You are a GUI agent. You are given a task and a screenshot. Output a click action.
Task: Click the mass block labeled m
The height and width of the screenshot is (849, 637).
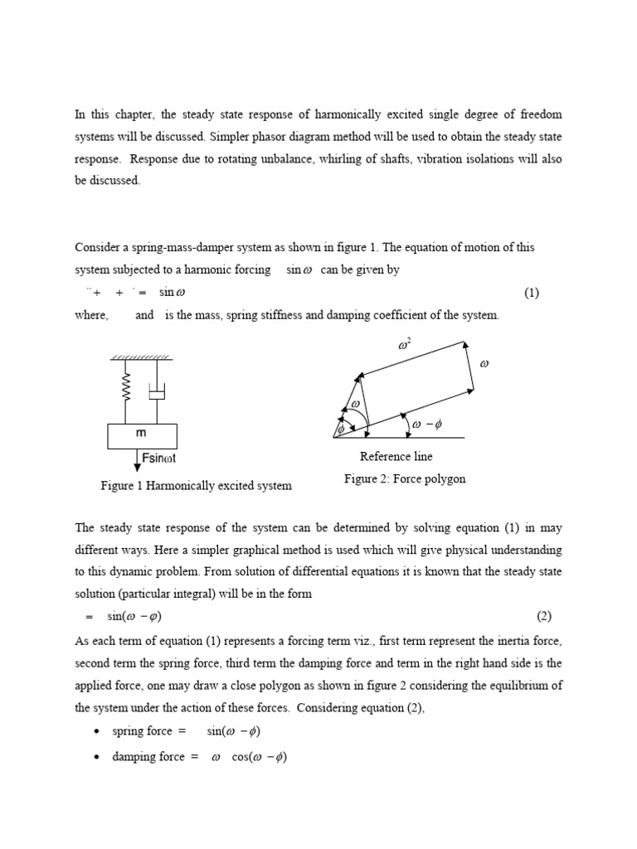(141, 434)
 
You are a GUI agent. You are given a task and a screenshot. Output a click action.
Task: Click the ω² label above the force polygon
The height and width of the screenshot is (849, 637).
(407, 342)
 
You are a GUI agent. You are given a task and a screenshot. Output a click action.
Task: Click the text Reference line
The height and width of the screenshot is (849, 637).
(396, 456)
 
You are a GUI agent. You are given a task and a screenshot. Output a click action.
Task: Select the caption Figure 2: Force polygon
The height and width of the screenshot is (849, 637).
(405, 478)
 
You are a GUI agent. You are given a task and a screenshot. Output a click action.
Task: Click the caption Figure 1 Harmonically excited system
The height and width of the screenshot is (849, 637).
(196, 485)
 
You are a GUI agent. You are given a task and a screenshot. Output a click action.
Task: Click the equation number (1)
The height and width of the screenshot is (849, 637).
(531, 293)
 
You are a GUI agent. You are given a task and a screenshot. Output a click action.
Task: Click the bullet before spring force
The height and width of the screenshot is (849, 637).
(98, 731)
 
